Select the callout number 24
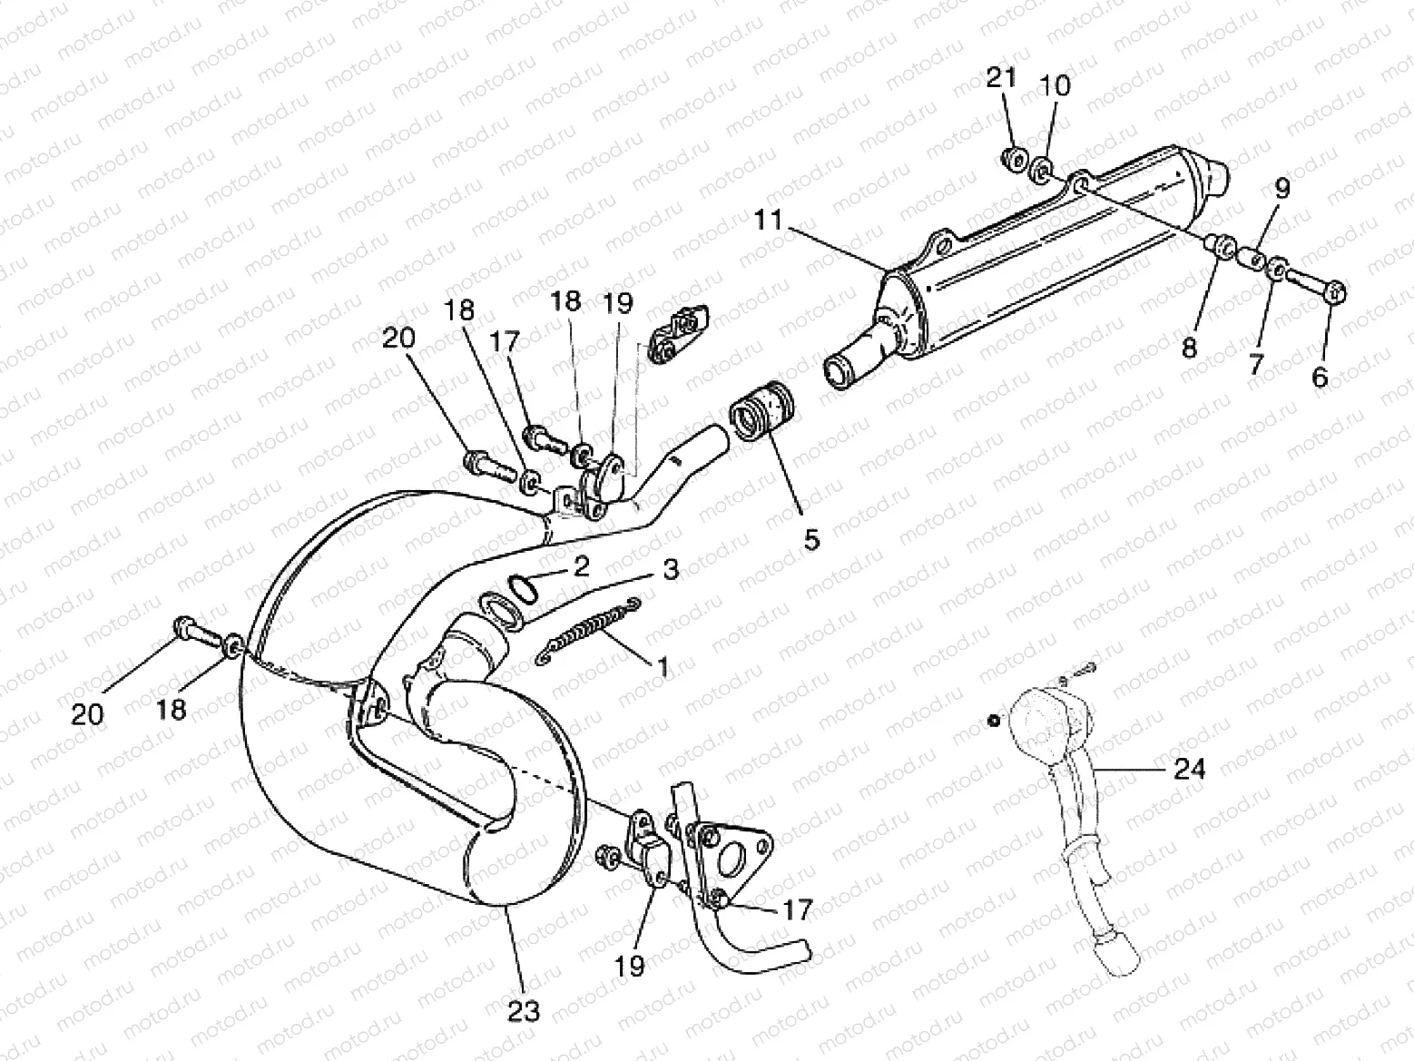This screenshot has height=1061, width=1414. click(x=1190, y=770)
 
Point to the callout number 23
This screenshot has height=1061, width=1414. click(x=525, y=1010)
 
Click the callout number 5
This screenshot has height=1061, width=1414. click(x=811, y=539)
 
